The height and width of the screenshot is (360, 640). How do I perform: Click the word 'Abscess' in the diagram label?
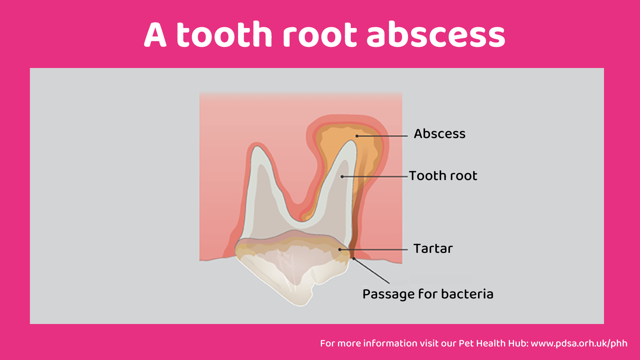(440, 134)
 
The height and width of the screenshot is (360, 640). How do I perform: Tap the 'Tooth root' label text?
(443, 176)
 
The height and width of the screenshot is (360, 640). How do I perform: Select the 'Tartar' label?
(433, 248)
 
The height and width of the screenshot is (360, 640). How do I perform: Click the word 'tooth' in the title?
(224, 34)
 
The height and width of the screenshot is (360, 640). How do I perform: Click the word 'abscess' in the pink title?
(436, 34)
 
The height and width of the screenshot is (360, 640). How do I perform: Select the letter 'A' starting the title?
(155, 34)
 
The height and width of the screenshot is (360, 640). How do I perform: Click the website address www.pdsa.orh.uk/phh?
(579, 344)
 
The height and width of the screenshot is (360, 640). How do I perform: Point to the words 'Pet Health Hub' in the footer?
(493, 343)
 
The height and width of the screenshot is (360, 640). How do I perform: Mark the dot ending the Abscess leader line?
(357, 136)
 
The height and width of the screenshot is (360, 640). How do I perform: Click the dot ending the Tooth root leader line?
(342, 176)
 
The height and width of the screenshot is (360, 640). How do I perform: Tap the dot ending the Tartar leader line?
(340, 250)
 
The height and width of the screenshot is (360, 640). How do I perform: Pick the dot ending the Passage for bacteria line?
(354, 258)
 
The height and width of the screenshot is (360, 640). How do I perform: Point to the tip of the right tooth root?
(352, 141)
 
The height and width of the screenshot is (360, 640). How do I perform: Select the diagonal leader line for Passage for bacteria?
(372, 271)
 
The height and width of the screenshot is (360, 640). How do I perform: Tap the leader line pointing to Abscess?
(382, 136)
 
